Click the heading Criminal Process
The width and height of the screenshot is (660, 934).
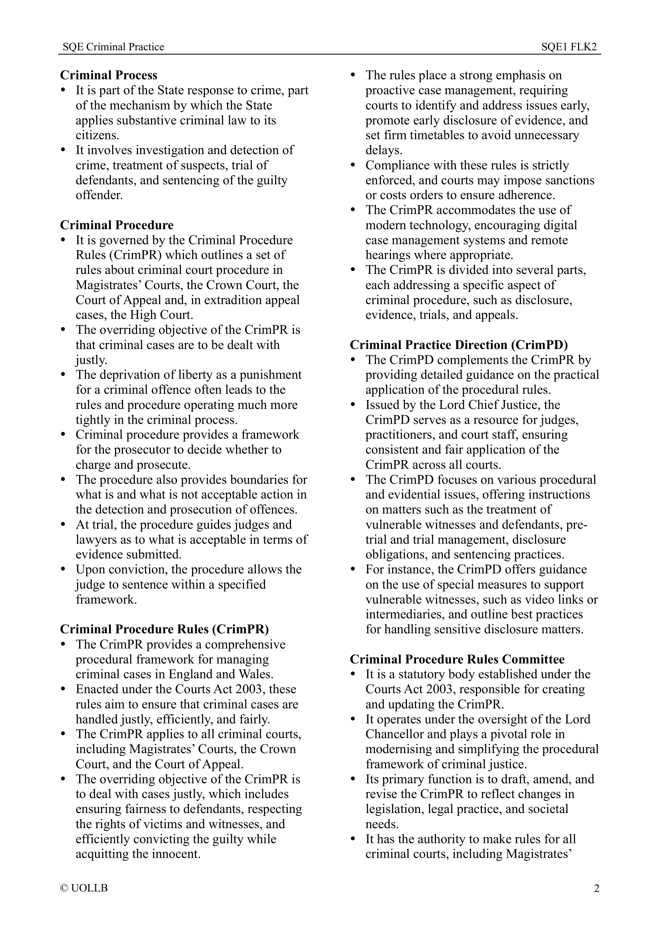tap(109, 75)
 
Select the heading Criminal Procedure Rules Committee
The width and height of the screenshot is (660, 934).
tap(457, 659)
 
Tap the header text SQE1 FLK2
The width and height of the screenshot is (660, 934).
tap(569, 47)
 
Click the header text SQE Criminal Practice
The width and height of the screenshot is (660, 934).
tap(113, 47)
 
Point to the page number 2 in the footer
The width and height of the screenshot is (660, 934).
tap(597, 888)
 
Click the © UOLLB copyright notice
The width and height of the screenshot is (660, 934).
tap(84, 888)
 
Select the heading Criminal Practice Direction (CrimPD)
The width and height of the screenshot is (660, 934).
tap(459, 345)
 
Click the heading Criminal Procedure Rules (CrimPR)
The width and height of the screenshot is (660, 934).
tap(164, 629)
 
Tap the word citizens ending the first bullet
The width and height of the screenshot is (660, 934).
tap(97, 135)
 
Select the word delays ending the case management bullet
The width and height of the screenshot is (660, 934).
tap(383, 151)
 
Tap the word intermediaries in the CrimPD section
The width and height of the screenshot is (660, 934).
tap(404, 614)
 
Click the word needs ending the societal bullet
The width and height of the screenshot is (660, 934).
tap(381, 824)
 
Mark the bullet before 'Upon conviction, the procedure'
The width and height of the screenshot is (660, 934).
tap(63, 569)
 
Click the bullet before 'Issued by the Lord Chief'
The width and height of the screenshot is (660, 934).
tap(353, 405)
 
